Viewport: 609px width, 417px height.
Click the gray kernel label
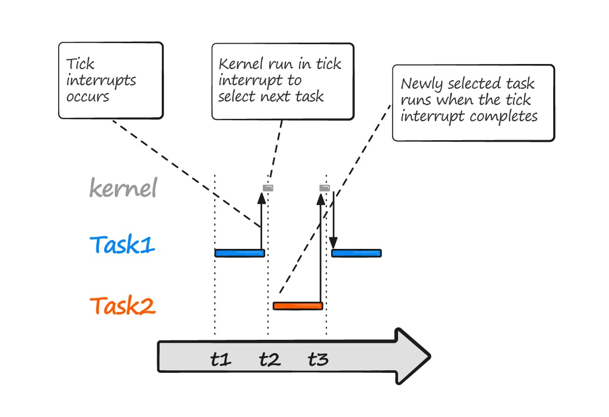click(123, 188)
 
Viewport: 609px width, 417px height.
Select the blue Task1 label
click(122, 245)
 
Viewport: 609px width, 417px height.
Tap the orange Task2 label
click(122, 306)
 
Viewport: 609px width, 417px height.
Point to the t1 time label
click(221, 360)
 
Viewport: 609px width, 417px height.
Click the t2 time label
click(269, 360)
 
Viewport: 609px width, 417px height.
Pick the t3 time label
click(318, 360)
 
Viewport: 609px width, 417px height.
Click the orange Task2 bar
click(298, 306)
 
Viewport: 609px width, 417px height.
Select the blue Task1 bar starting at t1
click(239, 253)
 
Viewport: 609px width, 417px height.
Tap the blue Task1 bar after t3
click(356, 253)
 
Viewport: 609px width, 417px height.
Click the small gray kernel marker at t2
click(268, 188)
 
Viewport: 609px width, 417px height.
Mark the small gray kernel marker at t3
click(325, 188)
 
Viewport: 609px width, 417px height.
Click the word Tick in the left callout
click(80, 65)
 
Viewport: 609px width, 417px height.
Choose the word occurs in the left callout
click(88, 97)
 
